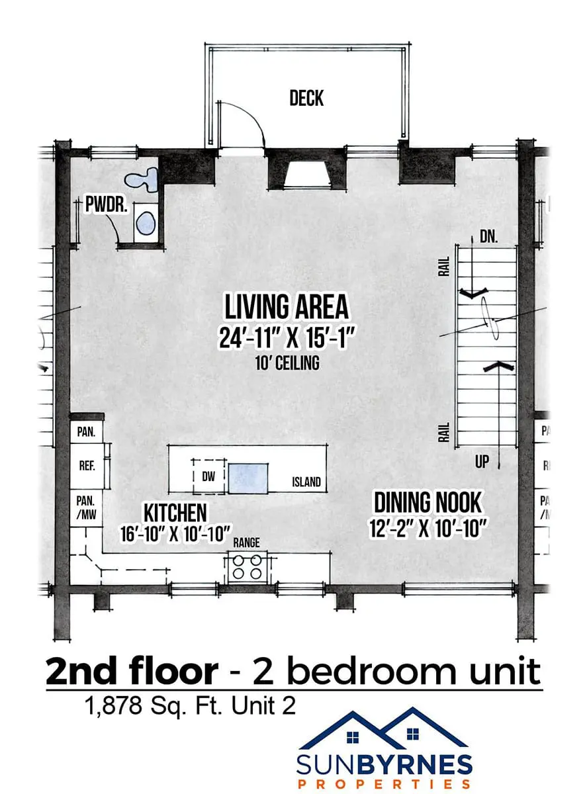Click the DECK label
click(x=306, y=98)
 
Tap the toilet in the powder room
click(x=142, y=179)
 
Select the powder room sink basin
click(x=146, y=223)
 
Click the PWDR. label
click(x=106, y=204)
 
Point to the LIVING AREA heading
click(x=287, y=307)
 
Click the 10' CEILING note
click(x=287, y=363)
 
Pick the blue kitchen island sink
click(x=247, y=478)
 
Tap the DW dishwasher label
click(x=208, y=476)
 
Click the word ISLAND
click(x=306, y=482)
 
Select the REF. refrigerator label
click(x=87, y=465)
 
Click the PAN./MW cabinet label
click(x=86, y=507)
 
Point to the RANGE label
click(x=246, y=543)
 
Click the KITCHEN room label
click(x=175, y=513)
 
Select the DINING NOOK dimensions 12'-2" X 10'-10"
click(x=427, y=529)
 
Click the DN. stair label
click(x=488, y=237)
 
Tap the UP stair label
click(x=482, y=462)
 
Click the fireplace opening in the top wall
click(x=308, y=174)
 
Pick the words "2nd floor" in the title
click(x=132, y=672)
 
